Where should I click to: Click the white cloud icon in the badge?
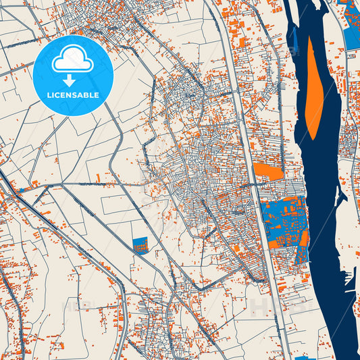72,62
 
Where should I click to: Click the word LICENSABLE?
73,95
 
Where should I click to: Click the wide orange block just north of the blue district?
268,172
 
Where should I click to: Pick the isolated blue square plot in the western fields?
140,245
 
